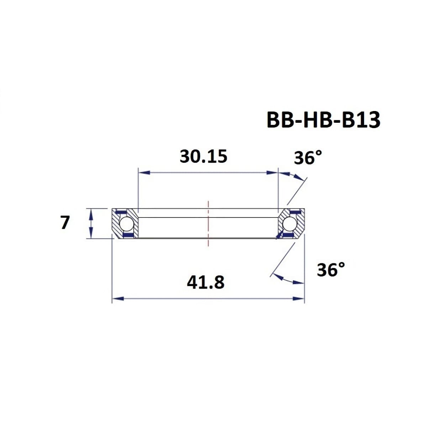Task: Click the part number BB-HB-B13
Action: pyautogui.click(x=323, y=120)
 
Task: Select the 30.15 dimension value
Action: pyautogui.click(x=203, y=157)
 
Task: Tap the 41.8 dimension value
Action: pyautogui.click(x=206, y=283)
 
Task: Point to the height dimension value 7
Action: pyautogui.click(x=64, y=223)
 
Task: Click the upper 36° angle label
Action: pyautogui.click(x=308, y=158)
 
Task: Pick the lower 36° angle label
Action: pyautogui.click(x=331, y=270)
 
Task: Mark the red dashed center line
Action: pyautogui.click(x=209, y=223)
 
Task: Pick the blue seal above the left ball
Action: pyautogui.click(x=122, y=212)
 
